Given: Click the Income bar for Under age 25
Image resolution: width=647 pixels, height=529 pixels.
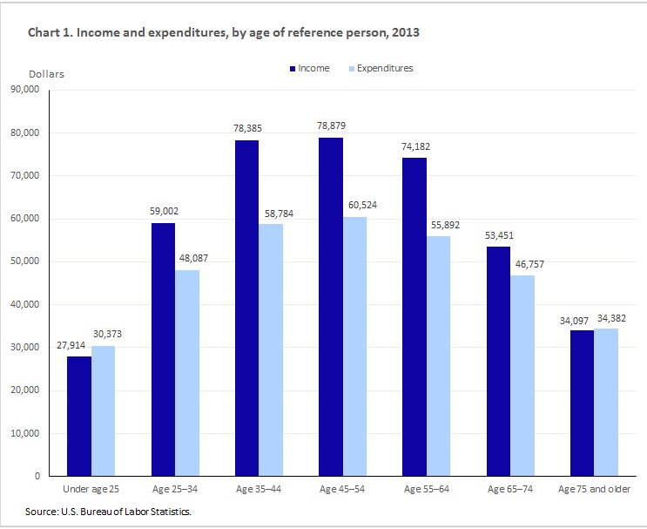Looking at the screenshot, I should coord(78,416).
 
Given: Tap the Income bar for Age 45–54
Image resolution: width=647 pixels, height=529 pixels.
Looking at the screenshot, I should coord(330,307).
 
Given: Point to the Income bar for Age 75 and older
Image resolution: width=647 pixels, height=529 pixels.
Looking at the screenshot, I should coord(581,403).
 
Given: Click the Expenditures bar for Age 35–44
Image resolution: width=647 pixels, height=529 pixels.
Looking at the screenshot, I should coord(270,349).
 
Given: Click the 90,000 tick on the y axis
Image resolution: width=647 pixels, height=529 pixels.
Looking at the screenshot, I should coord(26,90).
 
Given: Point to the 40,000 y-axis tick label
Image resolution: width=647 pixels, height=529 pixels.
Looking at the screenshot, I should coord(26,305).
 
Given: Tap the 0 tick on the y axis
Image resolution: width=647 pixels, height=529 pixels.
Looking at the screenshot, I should coord(37,477).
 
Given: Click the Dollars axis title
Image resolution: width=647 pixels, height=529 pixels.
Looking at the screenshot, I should coord(46,74).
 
